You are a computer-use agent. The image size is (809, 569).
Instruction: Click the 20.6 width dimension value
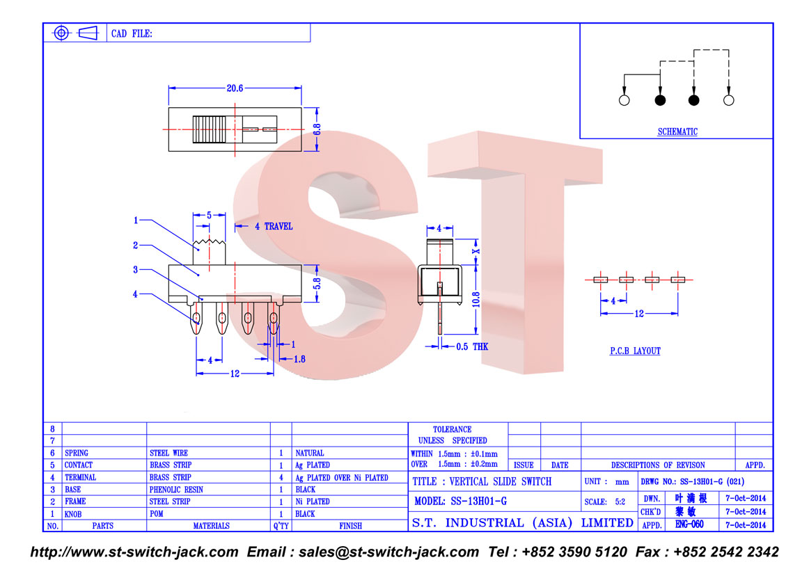click(235, 88)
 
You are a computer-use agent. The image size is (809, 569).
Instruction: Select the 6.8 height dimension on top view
click(317, 129)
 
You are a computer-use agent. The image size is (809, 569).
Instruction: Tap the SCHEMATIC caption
click(677, 132)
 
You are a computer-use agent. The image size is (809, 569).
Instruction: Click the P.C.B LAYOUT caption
click(635, 351)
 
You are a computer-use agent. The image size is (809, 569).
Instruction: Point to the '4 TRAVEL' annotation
click(274, 226)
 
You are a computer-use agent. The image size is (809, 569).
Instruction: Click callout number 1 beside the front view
click(136, 221)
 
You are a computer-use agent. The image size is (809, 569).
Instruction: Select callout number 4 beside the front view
click(135, 294)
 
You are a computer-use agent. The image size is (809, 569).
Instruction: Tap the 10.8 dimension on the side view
click(476, 299)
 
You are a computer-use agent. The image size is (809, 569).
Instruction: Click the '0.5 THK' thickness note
click(472, 347)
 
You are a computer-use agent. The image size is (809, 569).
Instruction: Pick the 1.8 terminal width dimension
click(299, 359)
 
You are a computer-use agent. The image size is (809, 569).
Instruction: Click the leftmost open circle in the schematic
click(625, 100)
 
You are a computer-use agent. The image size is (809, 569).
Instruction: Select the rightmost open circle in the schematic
click(728, 100)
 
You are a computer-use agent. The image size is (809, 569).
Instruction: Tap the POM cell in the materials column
click(157, 514)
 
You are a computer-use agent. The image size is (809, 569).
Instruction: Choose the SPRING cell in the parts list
click(77, 453)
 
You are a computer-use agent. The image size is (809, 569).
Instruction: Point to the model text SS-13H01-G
click(479, 501)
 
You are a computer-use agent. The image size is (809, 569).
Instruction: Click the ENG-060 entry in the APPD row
click(689, 524)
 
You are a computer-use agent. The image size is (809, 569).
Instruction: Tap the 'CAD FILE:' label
click(132, 33)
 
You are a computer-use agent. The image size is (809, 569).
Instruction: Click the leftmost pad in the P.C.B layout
click(601, 280)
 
